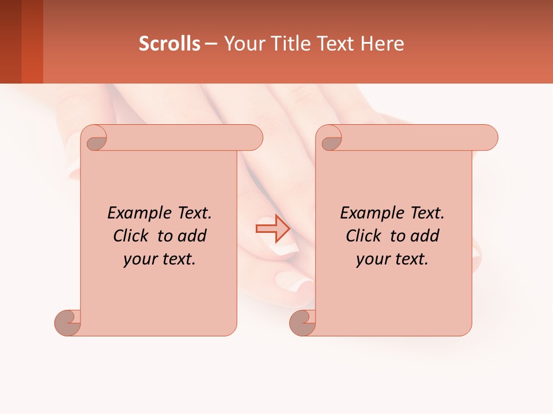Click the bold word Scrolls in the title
pos(169,43)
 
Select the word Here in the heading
pos(382,43)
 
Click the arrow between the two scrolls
pos(273,229)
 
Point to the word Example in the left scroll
pos(134,213)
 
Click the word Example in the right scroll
pos(366,213)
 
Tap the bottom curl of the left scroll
pos(68,322)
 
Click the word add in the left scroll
pos(192,236)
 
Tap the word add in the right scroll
pos(425,236)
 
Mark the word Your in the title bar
pos(243,43)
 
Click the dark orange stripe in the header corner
pos(32,41)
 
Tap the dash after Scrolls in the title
pos(211,43)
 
